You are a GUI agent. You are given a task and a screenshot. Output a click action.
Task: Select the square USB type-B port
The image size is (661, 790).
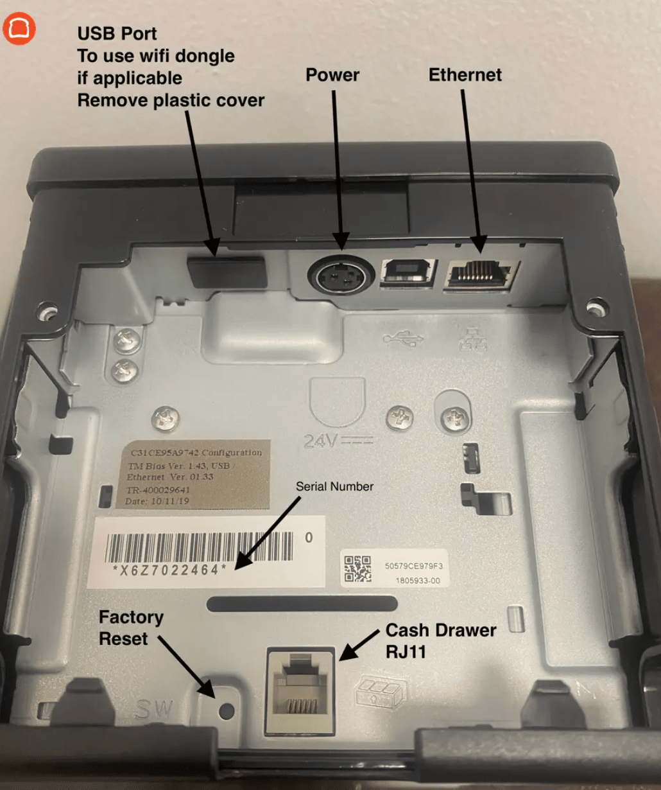click(x=409, y=273)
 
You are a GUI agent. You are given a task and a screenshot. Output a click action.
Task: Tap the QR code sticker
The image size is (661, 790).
click(x=357, y=569)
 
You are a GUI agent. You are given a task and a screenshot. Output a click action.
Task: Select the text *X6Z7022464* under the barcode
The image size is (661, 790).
click(x=169, y=570)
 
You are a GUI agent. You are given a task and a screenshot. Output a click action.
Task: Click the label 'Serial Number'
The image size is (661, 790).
click(x=334, y=487)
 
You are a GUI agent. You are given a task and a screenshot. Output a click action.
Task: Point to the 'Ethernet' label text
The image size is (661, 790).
click(x=465, y=75)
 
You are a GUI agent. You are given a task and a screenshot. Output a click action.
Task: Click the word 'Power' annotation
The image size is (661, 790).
click(x=332, y=75)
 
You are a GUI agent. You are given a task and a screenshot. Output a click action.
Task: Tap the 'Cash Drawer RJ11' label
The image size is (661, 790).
click(x=440, y=641)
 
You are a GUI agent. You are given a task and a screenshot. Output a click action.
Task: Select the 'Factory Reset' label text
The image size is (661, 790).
click(x=132, y=628)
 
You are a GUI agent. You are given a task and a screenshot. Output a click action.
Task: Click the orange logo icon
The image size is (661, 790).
click(x=19, y=30)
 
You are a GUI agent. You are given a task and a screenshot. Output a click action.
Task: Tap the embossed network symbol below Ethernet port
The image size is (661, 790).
click(x=473, y=338)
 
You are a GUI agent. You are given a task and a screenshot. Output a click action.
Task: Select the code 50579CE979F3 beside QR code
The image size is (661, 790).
click(x=413, y=566)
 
